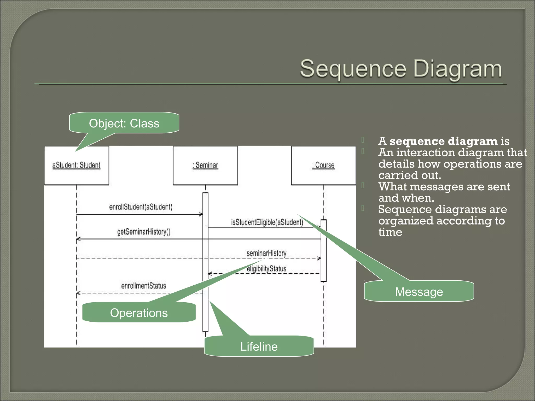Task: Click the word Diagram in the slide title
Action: tap(457, 69)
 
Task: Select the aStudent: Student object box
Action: tap(77, 166)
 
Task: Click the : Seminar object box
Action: tap(205, 166)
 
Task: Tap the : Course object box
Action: tap(323, 166)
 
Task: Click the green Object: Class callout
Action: tap(124, 123)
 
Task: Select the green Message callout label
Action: tap(419, 292)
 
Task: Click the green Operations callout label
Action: tap(139, 313)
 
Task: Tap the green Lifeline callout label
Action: tap(259, 346)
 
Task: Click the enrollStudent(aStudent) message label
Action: tap(141, 207)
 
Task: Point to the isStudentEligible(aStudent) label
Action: tap(267, 222)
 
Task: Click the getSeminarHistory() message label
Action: tap(144, 232)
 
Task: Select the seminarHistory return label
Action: tap(266, 253)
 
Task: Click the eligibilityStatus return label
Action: tap(266, 269)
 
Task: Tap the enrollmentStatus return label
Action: tap(144, 286)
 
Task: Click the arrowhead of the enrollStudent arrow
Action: tap(201, 214)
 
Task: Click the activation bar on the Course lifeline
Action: tap(323, 251)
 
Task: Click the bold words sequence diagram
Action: tap(444, 141)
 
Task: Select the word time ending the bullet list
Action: tap(390, 232)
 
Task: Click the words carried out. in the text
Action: tap(410, 175)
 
